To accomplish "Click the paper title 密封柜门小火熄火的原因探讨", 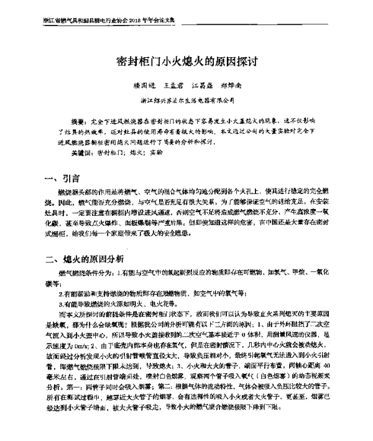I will (x=187, y=63).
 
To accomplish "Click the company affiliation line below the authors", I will (x=186, y=100).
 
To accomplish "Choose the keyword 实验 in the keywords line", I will (x=157, y=152).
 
